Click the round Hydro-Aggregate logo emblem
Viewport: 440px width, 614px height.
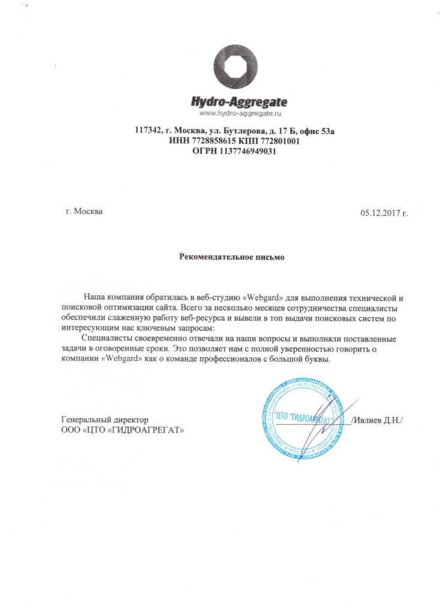(236, 67)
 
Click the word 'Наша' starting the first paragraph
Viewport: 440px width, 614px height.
(94, 297)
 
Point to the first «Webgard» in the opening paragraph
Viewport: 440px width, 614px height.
(253, 297)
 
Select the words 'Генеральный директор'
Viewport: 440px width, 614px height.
(104, 420)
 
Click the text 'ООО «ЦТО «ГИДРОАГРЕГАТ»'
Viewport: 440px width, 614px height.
(122, 430)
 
